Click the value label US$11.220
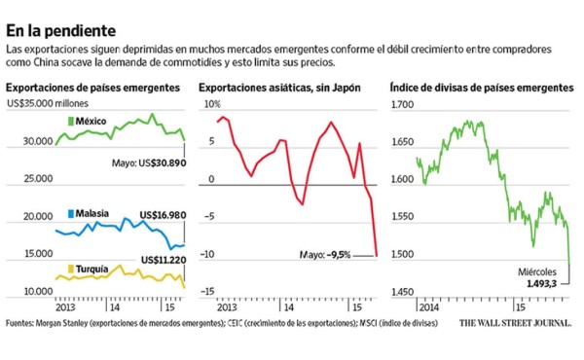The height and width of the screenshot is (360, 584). [x=163, y=260]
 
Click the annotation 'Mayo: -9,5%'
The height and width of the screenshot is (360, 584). [x=324, y=256]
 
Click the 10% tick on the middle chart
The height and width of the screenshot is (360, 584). [x=210, y=103]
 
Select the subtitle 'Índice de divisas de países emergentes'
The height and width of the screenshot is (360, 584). [x=481, y=88]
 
